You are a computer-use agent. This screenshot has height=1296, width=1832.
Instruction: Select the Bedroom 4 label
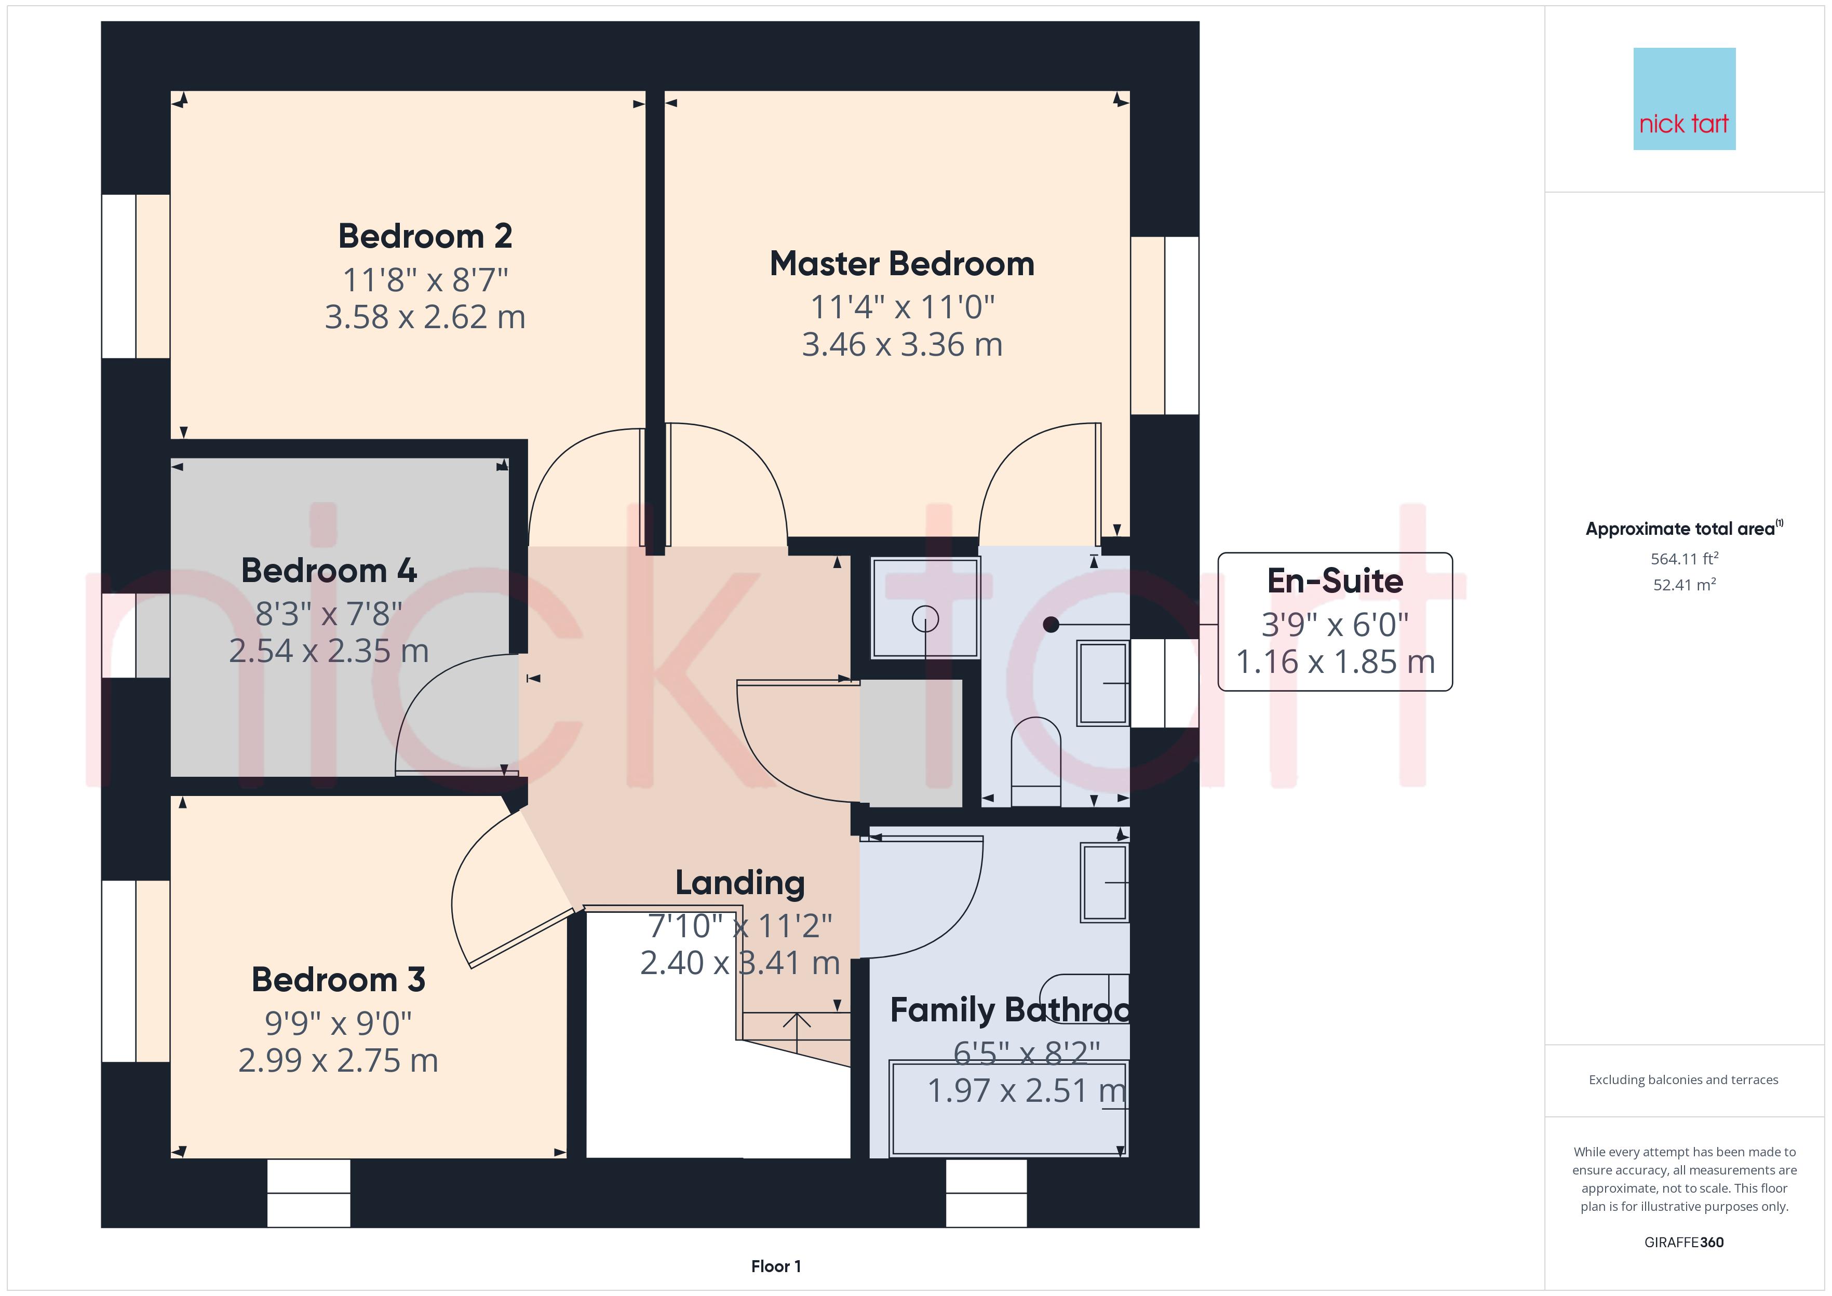[x=329, y=571]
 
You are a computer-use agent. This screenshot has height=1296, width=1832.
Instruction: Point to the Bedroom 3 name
[x=339, y=980]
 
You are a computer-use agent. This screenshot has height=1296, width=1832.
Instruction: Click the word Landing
[x=739, y=883]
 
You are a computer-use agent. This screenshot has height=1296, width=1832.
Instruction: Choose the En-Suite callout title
[x=1335, y=581]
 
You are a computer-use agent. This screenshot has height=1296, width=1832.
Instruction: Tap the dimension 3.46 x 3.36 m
[x=901, y=345]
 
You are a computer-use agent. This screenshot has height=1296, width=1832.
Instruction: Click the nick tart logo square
[x=1685, y=99]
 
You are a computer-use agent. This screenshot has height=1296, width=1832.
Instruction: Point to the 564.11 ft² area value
[x=1685, y=559]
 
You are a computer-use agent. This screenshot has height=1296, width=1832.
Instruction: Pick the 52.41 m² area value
[x=1685, y=584]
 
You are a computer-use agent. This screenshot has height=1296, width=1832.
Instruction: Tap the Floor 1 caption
[x=776, y=1266]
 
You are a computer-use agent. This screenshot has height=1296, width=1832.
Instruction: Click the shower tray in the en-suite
[x=925, y=608]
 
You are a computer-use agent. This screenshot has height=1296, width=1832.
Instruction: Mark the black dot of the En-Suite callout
[x=1051, y=625]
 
